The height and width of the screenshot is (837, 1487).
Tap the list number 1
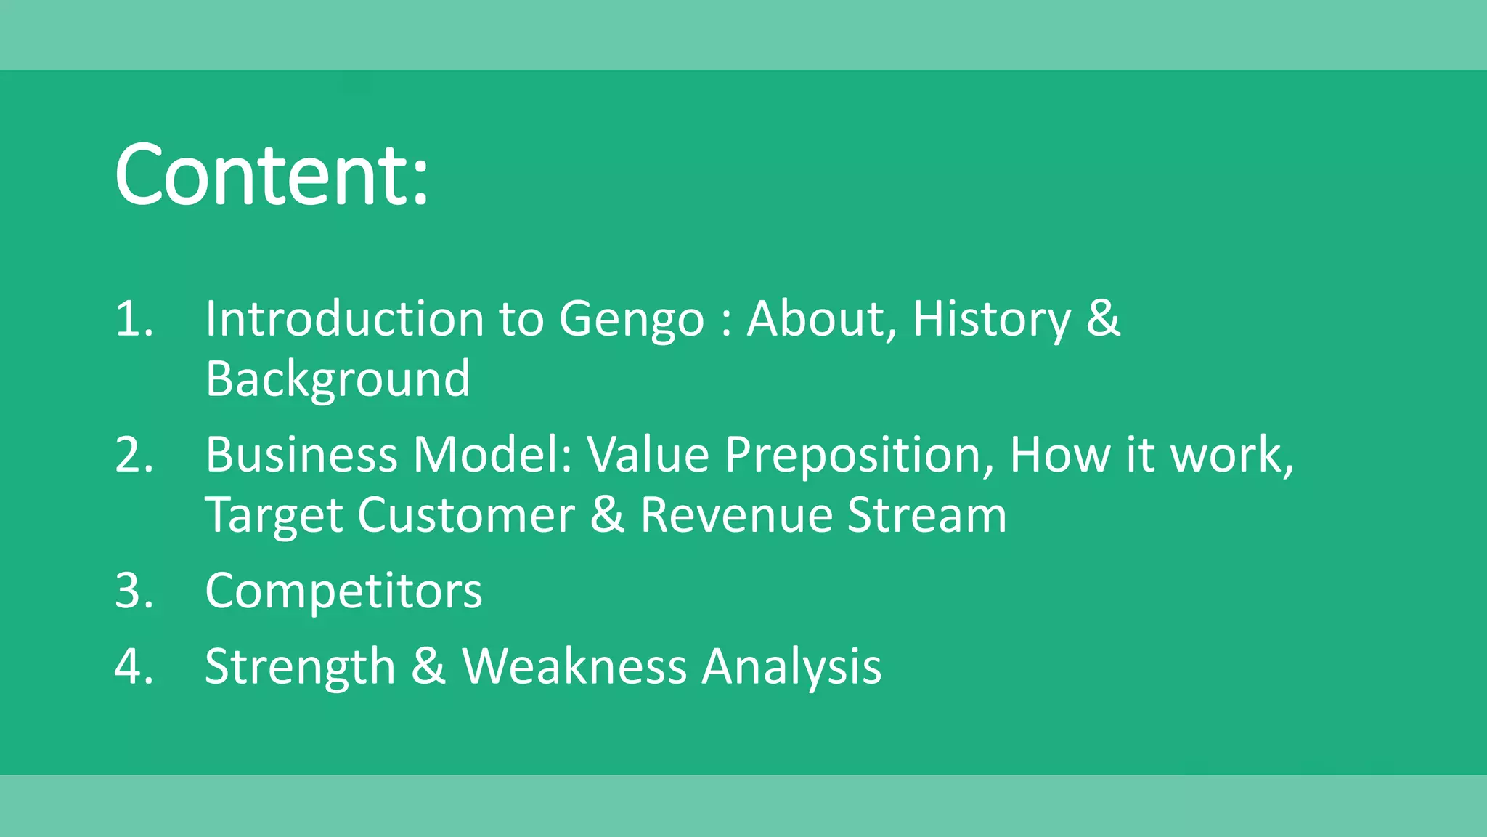click(x=134, y=319)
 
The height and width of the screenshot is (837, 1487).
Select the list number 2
click(x=134, y=455)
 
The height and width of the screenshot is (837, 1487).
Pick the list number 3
click(x=134, y=590)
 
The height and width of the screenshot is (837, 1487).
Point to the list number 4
click(x=134, y=666)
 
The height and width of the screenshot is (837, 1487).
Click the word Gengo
click(x=631, y=320)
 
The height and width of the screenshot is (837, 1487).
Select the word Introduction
click(x=344, y=319)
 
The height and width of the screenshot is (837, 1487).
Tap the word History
click(x=991, y=320)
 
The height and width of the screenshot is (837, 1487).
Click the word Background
click(x=338, y=379)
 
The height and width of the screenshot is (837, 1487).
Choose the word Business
click(x=301, y=455)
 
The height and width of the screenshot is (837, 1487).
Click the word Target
click(x=274, y=516)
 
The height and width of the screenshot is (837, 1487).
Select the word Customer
click(x=466, y=515)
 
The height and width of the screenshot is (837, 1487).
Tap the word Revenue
click(x=736, y=515)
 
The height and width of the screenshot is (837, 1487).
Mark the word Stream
click(x=927, y=515)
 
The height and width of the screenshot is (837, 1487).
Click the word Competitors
click(x=343, y=591)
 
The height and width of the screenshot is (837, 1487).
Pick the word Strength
click(x=300, y=667)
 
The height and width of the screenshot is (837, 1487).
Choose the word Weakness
click(x=574, y=666)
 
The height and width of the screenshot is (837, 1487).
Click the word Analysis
click(x=791, y=667)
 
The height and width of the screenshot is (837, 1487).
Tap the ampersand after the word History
click(x=1103, y=319)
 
